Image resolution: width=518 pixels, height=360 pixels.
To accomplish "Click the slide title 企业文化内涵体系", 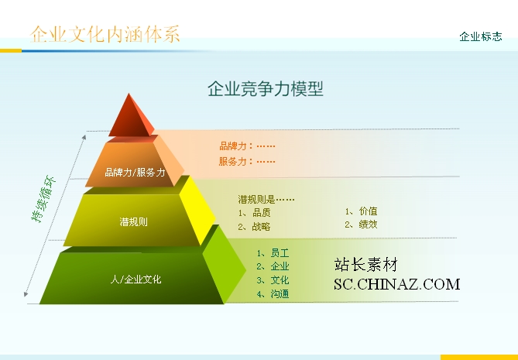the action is coord(105,34).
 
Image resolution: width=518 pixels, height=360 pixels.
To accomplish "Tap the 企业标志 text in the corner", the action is coord(481,36).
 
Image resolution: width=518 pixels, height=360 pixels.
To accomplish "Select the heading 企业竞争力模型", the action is coord(266,89).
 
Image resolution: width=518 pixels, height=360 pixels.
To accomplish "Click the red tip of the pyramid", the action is coord(131,115).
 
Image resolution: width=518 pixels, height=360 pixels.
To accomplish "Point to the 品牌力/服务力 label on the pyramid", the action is coord(135,172).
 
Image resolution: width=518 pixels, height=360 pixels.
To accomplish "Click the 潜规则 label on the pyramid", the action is coord(133,221).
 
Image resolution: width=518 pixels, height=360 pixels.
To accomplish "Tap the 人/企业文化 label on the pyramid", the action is coord(136,279).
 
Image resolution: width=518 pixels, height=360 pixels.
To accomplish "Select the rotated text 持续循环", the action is coord(43,199).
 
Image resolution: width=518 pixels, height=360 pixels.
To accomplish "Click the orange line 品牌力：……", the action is coord(247,146).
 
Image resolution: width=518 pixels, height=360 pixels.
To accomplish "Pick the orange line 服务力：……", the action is coord(247,161).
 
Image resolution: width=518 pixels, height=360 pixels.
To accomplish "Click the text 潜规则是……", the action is coord(266,199).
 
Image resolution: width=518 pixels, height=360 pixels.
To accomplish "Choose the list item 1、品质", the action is coord(254,213).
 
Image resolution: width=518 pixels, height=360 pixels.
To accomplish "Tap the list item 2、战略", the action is coord(254,227).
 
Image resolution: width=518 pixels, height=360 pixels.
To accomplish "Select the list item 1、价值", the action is coord(361,211).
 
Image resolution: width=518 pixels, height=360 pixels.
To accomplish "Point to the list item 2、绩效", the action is coord(361,225).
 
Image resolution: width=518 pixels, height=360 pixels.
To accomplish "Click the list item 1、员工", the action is coord(273,253).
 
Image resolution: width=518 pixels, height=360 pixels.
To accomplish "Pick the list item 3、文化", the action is coord(273,280).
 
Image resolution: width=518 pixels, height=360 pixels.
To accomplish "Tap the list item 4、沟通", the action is coord(273,293).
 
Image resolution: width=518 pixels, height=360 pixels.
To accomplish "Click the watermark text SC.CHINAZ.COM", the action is coord(396,284).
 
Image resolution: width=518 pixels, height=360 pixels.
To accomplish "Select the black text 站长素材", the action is coord(365,265).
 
